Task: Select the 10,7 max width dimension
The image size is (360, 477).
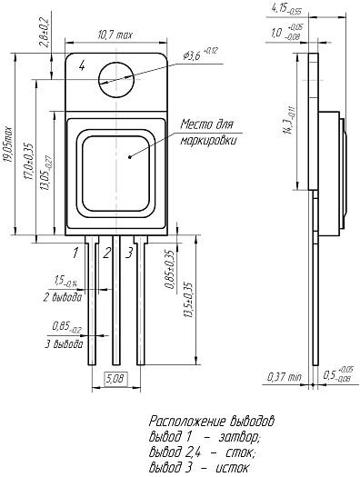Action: (x=115, y=35)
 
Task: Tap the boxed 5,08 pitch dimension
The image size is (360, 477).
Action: (x=116, y=379)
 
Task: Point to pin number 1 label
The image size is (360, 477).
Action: (x=75, y=253)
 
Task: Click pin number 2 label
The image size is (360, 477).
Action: (x=106, y=253)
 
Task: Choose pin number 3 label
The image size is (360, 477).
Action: (x=129, y=253)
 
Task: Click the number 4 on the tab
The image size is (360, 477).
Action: (x=82, y=65)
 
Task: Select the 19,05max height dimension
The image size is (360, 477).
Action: (x=8, y=144)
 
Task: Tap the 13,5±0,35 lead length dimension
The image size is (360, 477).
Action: (x=189, y=300)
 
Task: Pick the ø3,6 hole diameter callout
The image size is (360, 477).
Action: (x=200, y=54)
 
